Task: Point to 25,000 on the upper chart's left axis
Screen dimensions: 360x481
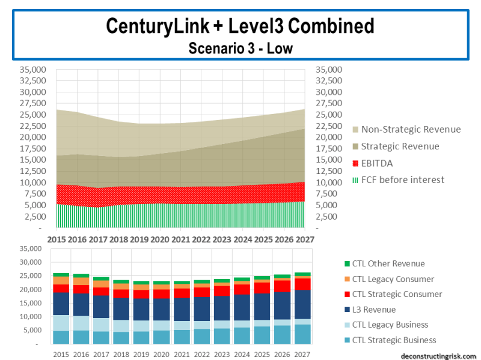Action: point(33,115)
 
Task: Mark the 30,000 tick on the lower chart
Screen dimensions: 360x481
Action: point(32,262)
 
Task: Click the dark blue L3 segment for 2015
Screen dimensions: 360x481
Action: point(61,304)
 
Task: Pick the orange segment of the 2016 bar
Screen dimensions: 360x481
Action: point(81,281)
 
